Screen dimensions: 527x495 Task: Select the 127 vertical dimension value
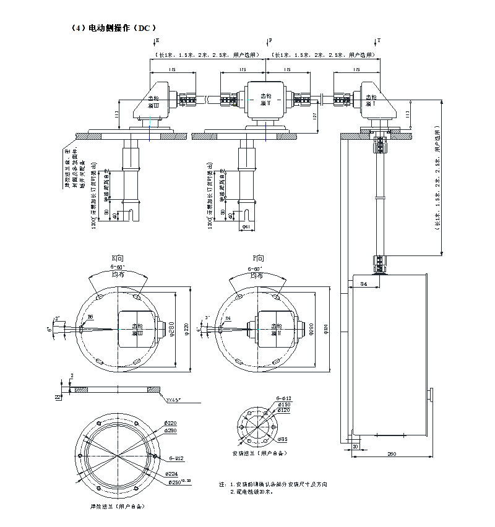(316, 116)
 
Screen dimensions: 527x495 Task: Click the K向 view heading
(119, 258)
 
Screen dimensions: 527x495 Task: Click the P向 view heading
(259, 258)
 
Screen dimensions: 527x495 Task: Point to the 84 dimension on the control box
(364, 284)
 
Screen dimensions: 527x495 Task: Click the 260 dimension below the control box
(391, 455)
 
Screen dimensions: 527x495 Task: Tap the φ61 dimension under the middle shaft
(247, 227)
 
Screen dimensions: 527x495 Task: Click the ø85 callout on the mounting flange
(282, 439)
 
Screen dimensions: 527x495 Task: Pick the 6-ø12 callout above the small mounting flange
(284, 398)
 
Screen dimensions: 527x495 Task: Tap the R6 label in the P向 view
(228, 318)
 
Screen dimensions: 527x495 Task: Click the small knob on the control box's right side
(430, 394)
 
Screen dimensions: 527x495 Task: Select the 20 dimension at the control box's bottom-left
(355, 446)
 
